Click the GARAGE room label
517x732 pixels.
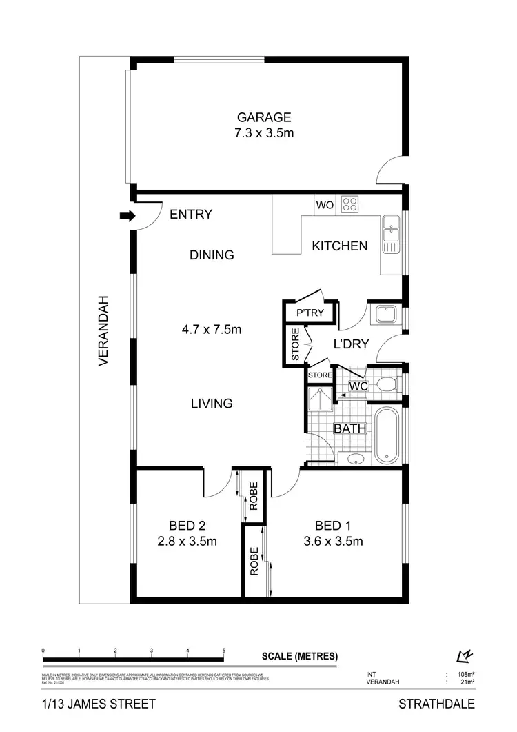click(x=264, y=117)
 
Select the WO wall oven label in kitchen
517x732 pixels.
click(x=324, y=205)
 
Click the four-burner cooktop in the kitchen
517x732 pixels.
click(x=350, y=204)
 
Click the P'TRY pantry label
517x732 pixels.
click(x=310, y=313)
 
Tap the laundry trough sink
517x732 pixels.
click(x=385, y=315)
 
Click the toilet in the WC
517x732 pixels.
click(x=387, y=384)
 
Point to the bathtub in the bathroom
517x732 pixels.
click(x=387, y=436)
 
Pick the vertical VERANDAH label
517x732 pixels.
click(x=104, y=330)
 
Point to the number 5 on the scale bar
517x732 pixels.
click(x=224, y=651)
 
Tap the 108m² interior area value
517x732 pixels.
click(x=464, y=673)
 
